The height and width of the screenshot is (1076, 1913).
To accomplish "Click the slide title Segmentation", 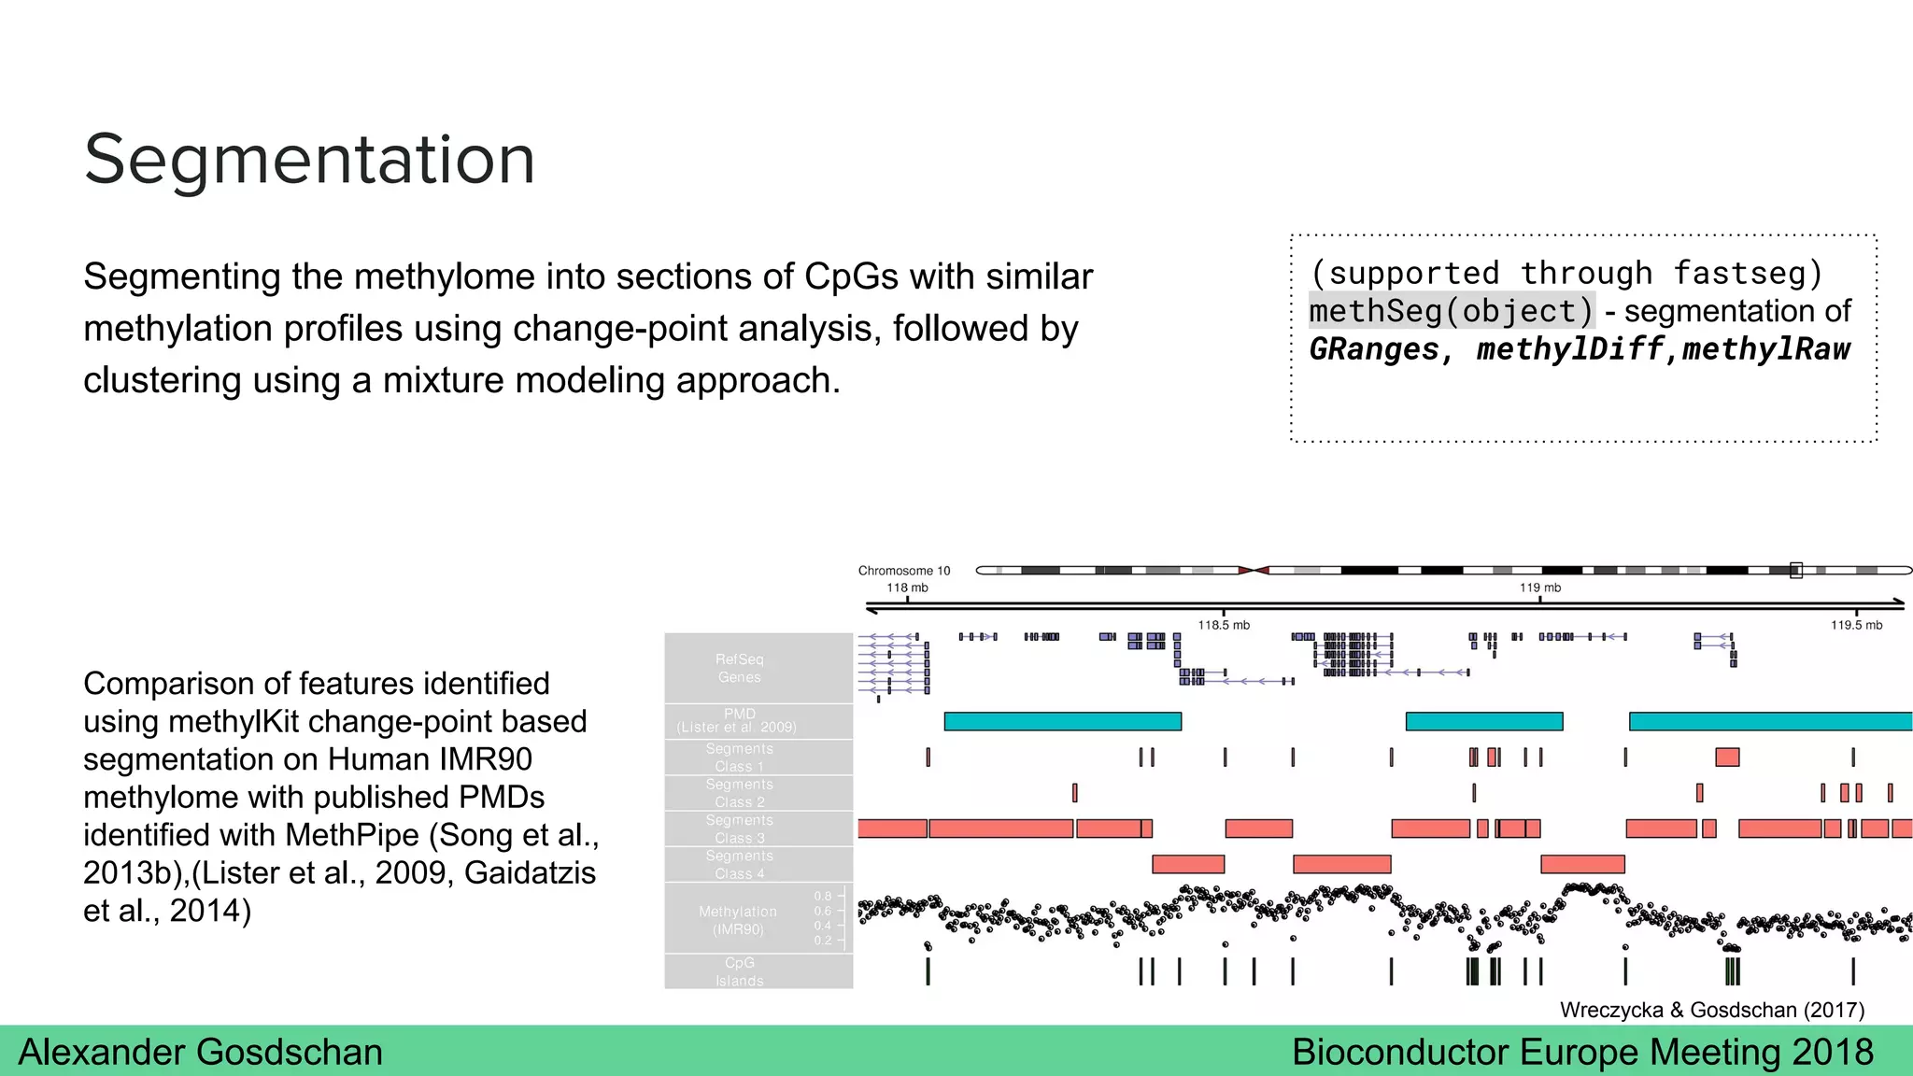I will tap(309, 159).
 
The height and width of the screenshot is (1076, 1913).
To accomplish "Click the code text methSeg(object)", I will tap(1451, 311).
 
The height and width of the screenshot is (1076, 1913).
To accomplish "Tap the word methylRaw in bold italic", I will tap(1766, 349).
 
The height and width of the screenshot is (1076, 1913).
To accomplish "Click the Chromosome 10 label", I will tap(903, 571).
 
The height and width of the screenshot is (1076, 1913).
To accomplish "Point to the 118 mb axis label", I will tap(907, 588).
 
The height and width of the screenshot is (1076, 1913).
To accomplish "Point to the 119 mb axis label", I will tap(1539, 588).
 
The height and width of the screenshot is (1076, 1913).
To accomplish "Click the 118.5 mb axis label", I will tap(1224, 625).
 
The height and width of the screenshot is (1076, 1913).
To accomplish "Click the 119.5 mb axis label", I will tap(1856, 625).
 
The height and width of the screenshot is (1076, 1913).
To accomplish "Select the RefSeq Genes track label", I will tap(739, 668).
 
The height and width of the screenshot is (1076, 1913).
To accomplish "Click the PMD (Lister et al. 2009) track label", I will tap(738, 720).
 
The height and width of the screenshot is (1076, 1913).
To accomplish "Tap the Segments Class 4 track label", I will tap(739, 864).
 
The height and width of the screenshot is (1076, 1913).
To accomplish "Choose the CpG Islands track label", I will tap(739, 971).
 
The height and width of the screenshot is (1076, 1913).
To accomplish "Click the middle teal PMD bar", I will tap(1483, 721).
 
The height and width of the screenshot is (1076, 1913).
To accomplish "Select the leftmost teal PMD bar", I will tap(1062, 721).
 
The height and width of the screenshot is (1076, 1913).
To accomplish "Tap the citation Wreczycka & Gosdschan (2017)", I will tap(1711, 1010).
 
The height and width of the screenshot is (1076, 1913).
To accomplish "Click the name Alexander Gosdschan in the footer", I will tap(200, 1052).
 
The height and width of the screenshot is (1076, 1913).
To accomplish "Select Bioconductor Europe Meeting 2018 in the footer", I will tap(1582, 1052).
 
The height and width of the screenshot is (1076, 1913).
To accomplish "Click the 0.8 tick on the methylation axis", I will tap(823, 896).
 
